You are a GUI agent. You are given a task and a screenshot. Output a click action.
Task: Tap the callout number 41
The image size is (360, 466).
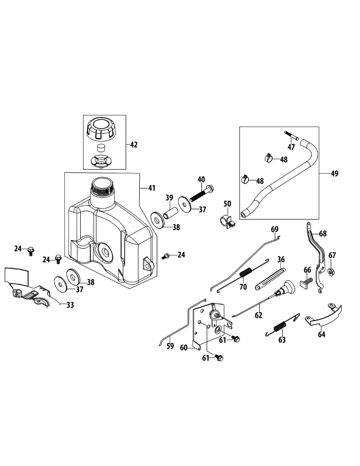[151, 188]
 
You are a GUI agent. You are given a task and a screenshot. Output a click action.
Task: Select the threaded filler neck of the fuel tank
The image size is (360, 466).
[102, 189]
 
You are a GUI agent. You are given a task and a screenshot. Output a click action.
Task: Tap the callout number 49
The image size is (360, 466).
[334, 173]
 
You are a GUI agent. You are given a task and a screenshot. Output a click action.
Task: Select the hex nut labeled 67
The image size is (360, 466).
[332, 272]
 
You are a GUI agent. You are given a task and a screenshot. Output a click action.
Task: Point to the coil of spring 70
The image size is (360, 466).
[245, 273]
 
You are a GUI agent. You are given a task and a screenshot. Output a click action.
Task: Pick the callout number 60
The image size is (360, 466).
[184, 348]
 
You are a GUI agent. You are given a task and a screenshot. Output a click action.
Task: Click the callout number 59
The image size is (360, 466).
[170, 346]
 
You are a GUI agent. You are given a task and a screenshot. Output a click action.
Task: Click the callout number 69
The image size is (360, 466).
[275, 229]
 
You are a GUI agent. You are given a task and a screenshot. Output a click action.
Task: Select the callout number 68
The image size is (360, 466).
[323, 233]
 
